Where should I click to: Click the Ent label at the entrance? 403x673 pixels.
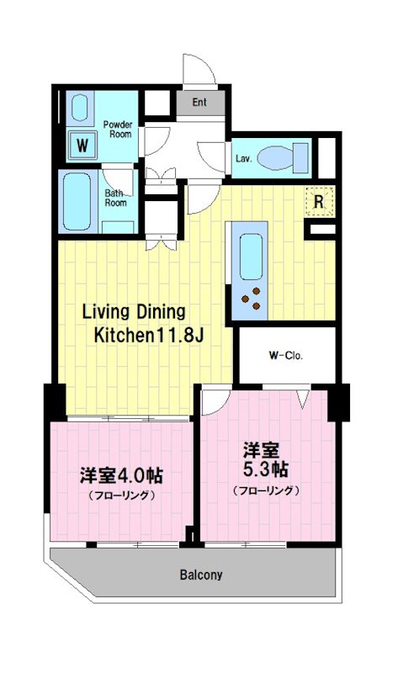(x=199, y=103)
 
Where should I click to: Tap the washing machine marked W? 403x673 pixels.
(x=82, y=146)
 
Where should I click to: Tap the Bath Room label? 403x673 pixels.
(x=115, y=198)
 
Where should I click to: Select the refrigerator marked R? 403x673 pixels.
(x=320, y=201)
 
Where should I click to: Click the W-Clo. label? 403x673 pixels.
(x=286, y=354)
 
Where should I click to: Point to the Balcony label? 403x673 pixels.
(x=200, y=575)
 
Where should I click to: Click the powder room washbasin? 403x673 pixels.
(x=81, y=109)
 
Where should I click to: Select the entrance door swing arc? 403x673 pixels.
(x=199, y=71)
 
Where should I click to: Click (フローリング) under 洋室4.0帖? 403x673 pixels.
(x=121, y=495)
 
